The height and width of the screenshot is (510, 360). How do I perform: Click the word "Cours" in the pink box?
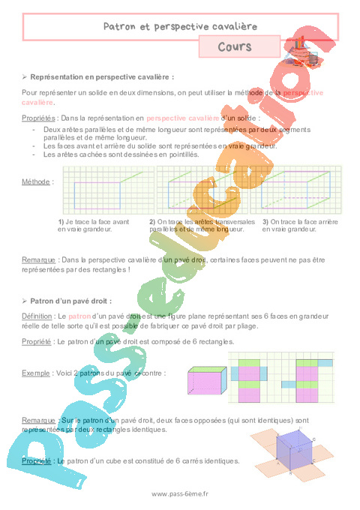click(234, 46)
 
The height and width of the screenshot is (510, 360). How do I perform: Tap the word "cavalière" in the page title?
click(232, 26)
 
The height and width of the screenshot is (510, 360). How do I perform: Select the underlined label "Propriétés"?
click(40, 118)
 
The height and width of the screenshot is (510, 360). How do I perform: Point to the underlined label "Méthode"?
click(37, 181)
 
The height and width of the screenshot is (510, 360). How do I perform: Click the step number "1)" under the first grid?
click(61, 222)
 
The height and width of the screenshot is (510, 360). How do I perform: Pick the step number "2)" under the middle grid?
click(152, 222)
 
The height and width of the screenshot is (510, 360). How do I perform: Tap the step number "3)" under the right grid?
click(265, 222)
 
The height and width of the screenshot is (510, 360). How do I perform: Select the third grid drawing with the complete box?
click(301, 191)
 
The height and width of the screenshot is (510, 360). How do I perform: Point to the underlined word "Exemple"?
click(37, 372)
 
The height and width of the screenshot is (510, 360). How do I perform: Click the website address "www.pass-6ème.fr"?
click(180, 493)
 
